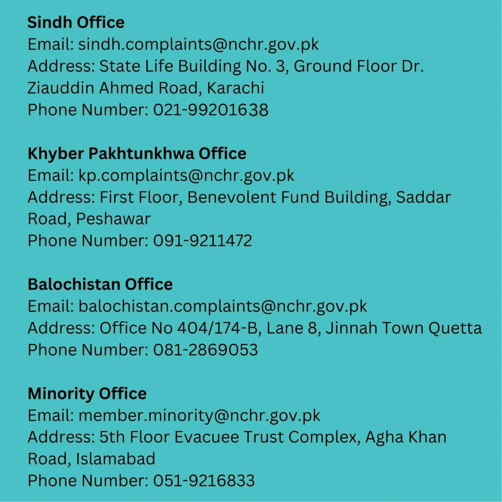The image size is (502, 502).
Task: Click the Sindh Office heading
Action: click(76, 22)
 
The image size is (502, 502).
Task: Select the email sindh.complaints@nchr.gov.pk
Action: click(198, 44)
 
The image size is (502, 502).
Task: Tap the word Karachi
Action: click(235, 88)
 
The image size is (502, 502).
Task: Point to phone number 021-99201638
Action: click(211, 110)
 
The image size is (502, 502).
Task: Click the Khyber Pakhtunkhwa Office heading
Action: click(137, 153)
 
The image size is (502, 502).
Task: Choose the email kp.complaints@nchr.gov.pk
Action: click(186, 175)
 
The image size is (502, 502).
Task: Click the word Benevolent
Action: click(232, 197)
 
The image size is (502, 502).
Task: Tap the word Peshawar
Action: click(113, 219)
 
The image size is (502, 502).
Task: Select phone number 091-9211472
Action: click(202, 240)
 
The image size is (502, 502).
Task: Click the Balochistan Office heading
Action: click(100, 284)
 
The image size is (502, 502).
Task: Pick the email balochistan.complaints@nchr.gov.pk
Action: click(223, 306)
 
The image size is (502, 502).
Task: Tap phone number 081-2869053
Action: click(206, 350)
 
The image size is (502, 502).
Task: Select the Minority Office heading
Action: click(87, 393)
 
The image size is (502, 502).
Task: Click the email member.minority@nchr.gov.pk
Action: click(199, 415)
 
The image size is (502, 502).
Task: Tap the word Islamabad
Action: click(116, 459)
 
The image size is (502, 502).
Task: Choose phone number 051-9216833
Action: click(204, 481)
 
